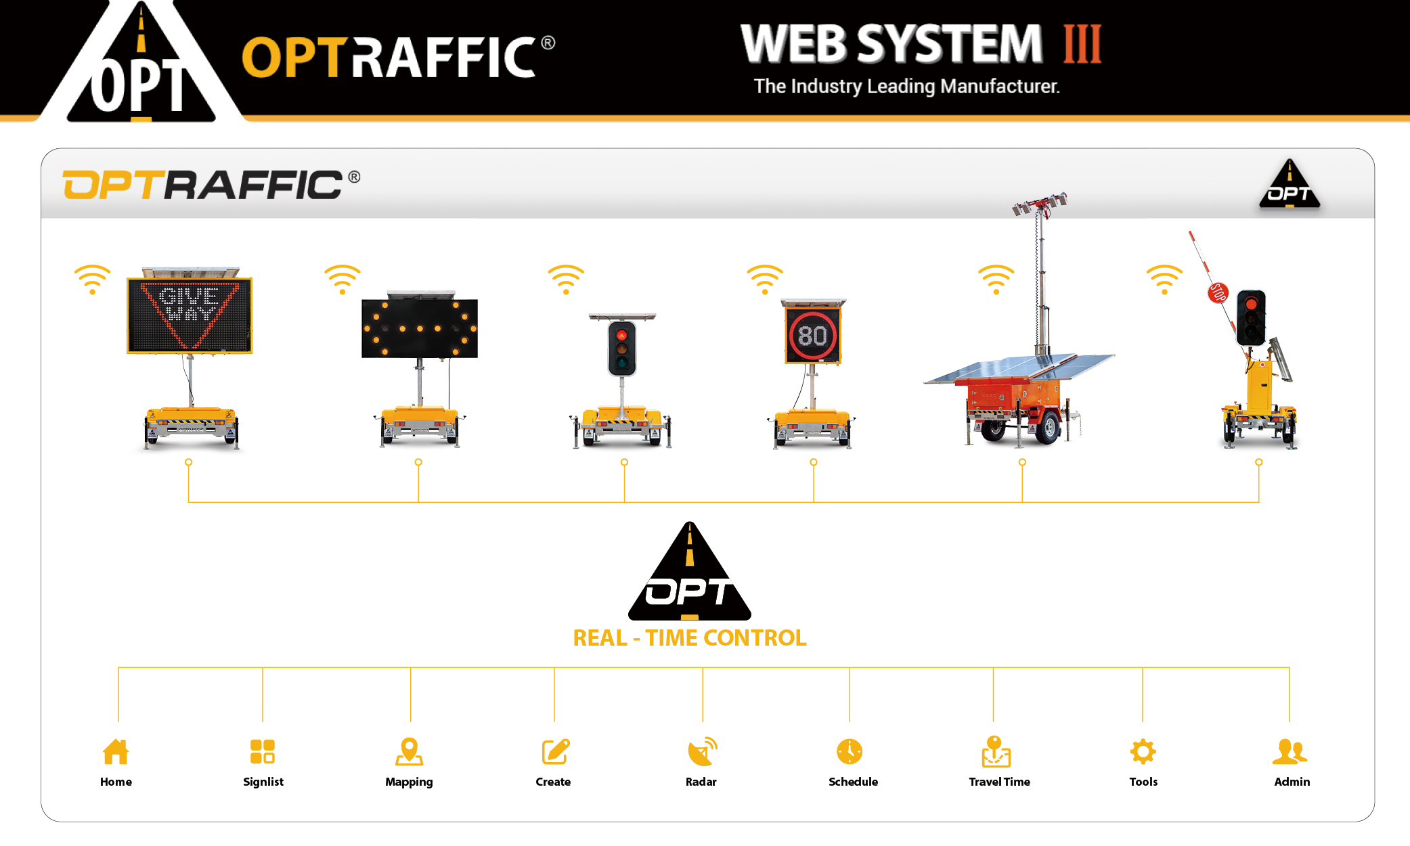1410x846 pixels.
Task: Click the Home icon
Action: (116, 751)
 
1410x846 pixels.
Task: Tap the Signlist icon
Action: (262, 751)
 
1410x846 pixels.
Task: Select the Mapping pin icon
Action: (409, 751)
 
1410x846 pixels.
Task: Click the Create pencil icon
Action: (555, 751)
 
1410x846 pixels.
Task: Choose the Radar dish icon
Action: (702, 751)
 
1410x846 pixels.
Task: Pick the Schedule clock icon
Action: (850, 751)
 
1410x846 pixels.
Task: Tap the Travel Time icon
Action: (996, 751)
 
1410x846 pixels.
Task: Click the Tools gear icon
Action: (1143, 751)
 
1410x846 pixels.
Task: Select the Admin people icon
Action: (1290, 751)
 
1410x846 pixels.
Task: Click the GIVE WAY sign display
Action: (190, 315)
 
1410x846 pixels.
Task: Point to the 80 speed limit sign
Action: (812, 336)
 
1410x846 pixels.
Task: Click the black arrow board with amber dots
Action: (420, 328)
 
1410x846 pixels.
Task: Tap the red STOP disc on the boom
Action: (1218, 292)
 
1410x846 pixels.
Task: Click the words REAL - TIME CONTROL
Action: (690, 638)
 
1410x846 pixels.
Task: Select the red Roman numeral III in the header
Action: (1082, 45)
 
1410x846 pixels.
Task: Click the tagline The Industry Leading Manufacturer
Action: (906, 87)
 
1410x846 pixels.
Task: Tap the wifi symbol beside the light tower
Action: (996, 279)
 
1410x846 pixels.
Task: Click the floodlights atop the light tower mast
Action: (1040, 203)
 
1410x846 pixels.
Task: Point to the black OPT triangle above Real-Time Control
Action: (690, 575)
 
